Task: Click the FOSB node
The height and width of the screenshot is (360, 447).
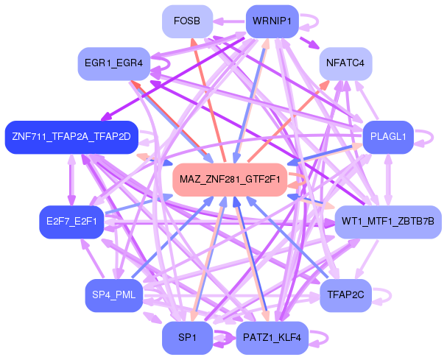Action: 187,21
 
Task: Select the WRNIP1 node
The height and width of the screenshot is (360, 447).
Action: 272,21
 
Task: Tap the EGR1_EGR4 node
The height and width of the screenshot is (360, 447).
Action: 114,63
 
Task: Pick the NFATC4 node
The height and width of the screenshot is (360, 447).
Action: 345,63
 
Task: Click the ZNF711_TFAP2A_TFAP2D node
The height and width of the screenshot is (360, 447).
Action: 71,138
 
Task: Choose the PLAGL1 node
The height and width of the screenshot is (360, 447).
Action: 388,138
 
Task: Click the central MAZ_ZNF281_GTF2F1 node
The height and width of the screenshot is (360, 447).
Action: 230,180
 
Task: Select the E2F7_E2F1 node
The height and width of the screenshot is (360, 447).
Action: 71,222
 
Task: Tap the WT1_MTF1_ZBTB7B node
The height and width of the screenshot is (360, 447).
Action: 388,222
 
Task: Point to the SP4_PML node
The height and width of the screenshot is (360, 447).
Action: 114,295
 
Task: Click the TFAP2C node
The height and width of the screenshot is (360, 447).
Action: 345,295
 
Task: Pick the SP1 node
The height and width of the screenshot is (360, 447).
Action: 187,338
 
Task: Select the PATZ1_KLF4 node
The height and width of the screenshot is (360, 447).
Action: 272,338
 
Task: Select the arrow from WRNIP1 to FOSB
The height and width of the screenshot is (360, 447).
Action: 230,21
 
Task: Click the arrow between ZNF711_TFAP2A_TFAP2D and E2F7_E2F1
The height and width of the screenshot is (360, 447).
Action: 71,180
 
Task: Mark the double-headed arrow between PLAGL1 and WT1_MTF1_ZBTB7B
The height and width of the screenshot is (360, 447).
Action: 388,180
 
